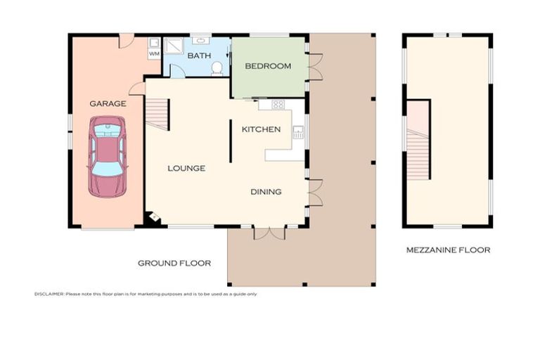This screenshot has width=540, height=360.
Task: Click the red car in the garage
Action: tap(108, 157)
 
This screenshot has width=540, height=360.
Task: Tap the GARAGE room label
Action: tap(108, 103)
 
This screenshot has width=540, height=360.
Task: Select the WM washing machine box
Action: tap(154, 53)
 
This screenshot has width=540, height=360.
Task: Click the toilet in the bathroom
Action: tap(217, 68)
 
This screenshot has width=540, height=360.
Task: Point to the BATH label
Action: tap(199, 56)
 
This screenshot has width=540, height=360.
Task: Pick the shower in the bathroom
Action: tap(174, 46)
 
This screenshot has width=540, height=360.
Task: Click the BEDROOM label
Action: tap(268, 66)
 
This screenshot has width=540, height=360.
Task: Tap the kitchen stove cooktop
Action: tap(278, 104)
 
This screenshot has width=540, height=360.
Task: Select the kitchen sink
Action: tap(298, 132)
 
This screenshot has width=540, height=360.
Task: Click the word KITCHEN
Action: tap(261, 129)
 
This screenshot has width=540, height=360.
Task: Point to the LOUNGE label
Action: tap(186, 168)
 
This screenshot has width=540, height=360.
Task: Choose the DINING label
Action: tap(266, 191)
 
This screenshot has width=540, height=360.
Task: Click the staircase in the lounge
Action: tap(157, 114)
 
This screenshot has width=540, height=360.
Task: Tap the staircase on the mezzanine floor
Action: tap(418, 154)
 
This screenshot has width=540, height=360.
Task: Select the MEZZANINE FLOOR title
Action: tap(448, 250)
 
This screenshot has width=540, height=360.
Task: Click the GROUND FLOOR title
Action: tap(174, 263)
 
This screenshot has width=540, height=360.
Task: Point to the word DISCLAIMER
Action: tap(49, 294)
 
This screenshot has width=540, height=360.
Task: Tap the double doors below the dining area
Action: tap(270, 233)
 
